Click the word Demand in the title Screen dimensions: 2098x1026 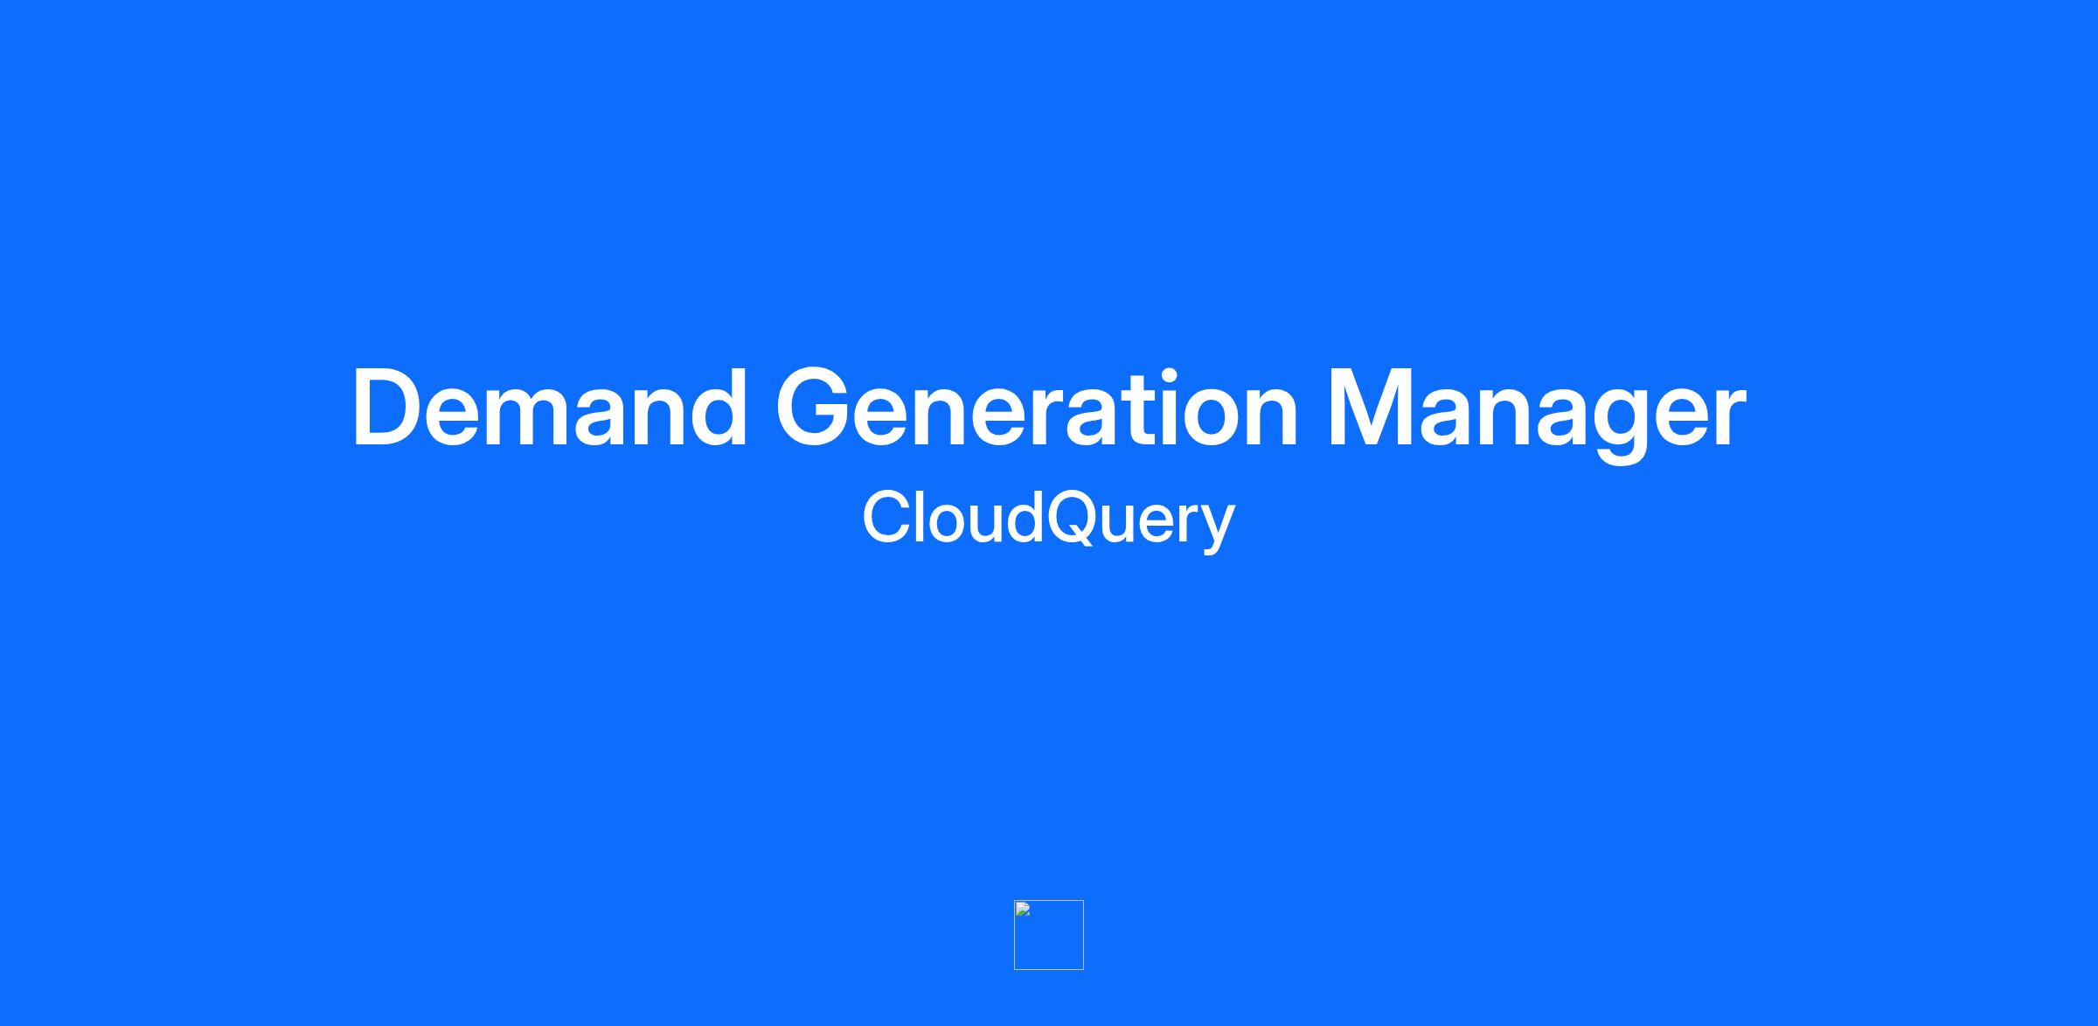click(x=550, y=408)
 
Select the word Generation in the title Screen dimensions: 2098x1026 click(x=1037, y=408)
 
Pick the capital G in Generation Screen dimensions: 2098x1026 click(x=816, y=408)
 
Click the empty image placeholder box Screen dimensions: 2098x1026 click(x=1049, y=934)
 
